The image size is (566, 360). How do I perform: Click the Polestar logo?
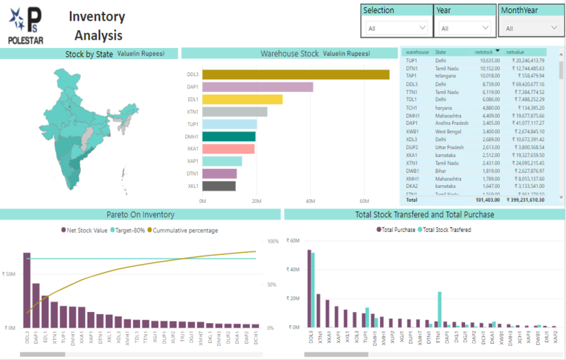pyautogui.click(x=25, y=25)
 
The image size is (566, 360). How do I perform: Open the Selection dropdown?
pyautogui.click(x=397, y=28)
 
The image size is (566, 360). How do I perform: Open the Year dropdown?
pyautogui.click(x=466, y=28)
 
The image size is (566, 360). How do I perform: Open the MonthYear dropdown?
pyautogui.click(x=531, y=28)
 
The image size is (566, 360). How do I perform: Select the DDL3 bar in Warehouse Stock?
pyautogui.click(x=296, y=75)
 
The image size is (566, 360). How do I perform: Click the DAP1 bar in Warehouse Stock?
pyautogui.click(x=257, y=87)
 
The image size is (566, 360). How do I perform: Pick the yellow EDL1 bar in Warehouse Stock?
pyautogui.click(x=242, y=99)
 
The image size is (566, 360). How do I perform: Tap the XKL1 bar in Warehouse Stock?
pyautogui.click(x=219, y=186)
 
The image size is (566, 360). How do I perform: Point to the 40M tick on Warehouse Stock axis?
pyautogui.click(x=309, y=202)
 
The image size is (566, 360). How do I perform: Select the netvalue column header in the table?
pyautogui.click(x=515, y=52)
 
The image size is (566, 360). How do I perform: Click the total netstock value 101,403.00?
pyautogui.click(x=486, y=200)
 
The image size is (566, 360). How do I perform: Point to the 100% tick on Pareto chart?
pyautogui.click(x=272, y=241)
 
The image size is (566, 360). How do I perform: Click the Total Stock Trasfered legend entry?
pyautogui.click(x=447, y=230)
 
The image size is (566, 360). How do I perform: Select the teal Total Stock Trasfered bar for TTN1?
pyautogui.click(x=439, y=309)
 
